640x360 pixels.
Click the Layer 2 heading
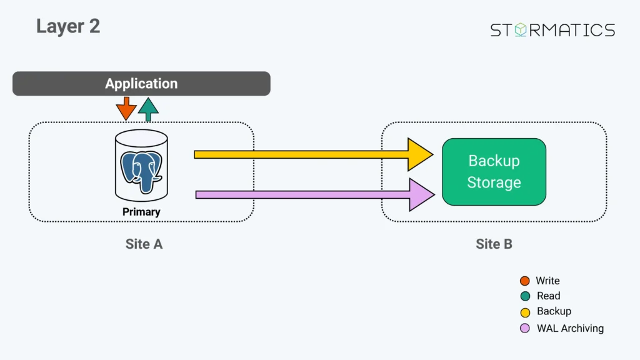68,26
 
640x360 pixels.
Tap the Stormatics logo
552,30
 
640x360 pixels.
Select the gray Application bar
141,84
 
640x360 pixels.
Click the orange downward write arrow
126,109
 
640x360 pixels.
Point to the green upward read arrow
148,109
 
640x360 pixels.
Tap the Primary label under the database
141,212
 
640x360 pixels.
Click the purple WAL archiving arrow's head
421,194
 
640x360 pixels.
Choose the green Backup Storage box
494,172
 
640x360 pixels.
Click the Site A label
144,244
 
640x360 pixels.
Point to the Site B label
494,244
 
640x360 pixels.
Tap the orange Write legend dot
525,281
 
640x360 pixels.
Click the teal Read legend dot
525,296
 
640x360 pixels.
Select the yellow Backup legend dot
525,312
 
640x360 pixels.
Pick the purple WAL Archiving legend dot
525,328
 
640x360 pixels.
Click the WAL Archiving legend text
570,328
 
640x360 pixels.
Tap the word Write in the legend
547,281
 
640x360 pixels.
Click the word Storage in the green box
494,182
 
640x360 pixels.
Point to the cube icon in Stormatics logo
520,30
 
